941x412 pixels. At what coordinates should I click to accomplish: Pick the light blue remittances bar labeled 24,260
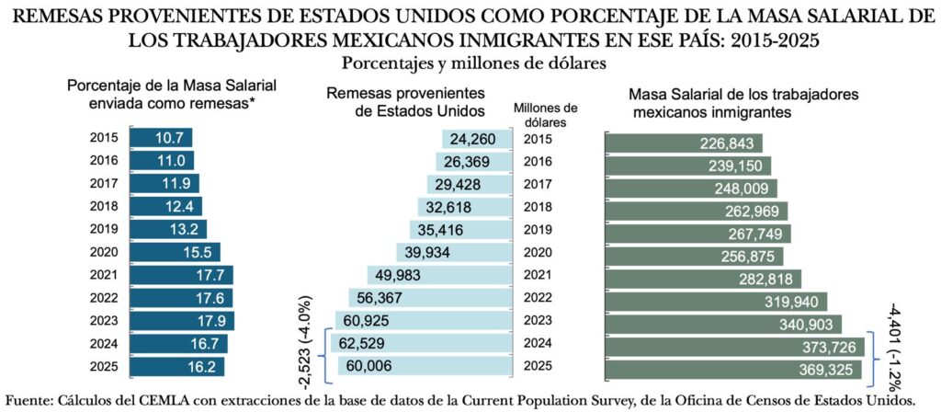coord(475,140)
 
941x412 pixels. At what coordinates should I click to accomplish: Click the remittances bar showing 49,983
coord(437,275)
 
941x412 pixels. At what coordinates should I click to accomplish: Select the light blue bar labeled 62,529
coord(419,344)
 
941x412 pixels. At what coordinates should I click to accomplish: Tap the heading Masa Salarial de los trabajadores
coord(743,96)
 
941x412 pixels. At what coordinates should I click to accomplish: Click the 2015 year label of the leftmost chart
coord(103,138)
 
